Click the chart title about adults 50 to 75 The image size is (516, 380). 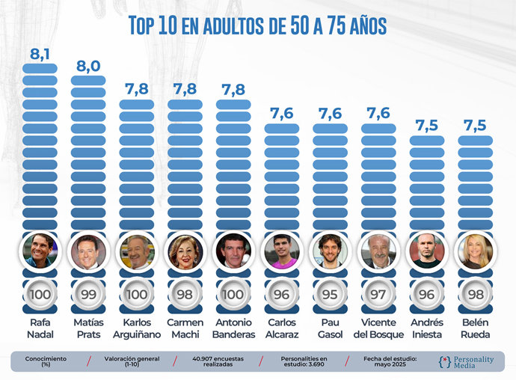(x=257, y=25)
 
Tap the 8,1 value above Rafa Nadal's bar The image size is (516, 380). (x=40, y=54)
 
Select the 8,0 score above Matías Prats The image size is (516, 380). (x=88, y=66)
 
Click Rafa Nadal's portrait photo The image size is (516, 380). (x=40, y=251)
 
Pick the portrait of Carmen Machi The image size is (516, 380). (x=185, y=251)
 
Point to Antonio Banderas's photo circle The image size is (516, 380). (x=233, y=251)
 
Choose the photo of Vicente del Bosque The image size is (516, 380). (x=378, y=251)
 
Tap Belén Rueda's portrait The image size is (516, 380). (x=474, y=251)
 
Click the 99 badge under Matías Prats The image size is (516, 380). (x=88, y=294)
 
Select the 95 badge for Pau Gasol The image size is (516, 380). (x=330, y=294)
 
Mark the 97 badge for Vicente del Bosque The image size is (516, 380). (x=378, y=294)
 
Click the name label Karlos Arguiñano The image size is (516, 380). (x=136, y=328)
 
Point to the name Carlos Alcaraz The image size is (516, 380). (x=281, y=328)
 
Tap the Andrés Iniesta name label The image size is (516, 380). (x=426, y=328)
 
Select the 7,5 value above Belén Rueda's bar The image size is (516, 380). (x=474, y=125)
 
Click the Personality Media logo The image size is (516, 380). (x=466, y=361)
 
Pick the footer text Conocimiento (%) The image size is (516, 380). (x=46, y=361)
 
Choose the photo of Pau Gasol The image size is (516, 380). (x=330, y=251)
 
